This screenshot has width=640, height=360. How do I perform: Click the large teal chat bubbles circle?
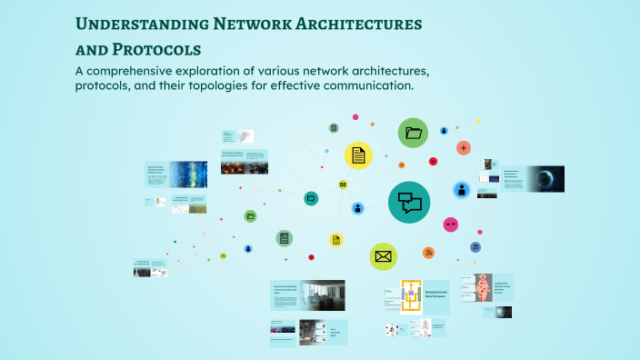tap(408, 202)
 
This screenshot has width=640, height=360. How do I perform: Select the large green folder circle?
tap(413, 133)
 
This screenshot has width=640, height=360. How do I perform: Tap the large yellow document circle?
tap(358, 155)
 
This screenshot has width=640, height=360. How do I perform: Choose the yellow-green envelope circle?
tap(383, 256)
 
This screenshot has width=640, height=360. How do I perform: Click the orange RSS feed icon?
tap(428, 252)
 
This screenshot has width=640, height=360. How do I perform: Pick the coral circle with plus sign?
tap(464, 147)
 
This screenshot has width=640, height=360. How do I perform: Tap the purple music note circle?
tap(475, 247)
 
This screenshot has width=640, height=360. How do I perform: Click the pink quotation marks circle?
tap(449, 224)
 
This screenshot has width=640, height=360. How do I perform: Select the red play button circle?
tap(434, 161)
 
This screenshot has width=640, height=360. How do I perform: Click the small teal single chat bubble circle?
tap(311, 197)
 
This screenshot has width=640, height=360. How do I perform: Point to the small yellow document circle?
tap(336, 240)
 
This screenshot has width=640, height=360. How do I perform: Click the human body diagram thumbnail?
tap(483, 288)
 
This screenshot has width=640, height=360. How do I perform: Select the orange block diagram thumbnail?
tap(413, 295)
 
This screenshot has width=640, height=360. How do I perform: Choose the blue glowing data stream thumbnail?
tap(188, 175)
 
